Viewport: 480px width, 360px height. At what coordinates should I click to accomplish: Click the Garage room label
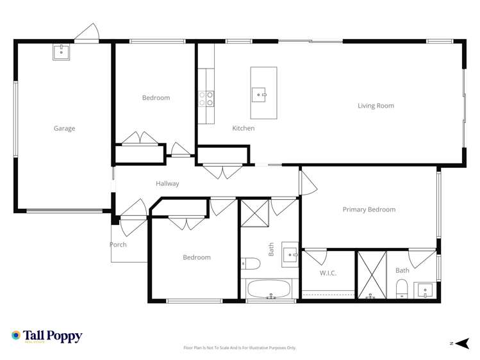(x=64, y=128)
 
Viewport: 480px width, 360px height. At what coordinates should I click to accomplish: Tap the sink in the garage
(x=62, y=51)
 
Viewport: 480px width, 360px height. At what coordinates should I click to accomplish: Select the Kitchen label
(x=244, y=128)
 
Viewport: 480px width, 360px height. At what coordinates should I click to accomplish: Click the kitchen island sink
(x=262, y=94)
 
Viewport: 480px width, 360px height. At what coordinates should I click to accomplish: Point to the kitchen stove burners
(x=206, y=99)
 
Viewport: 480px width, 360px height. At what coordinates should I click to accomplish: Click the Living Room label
(x=376, y=106)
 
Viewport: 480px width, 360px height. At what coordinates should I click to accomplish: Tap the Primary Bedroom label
(x=368, y=209)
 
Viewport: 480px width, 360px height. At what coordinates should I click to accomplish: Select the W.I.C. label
(x=328, y=273)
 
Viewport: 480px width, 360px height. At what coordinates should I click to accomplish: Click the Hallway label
(x=167, y=184)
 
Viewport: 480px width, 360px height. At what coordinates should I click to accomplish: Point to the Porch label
(x=118, y=245)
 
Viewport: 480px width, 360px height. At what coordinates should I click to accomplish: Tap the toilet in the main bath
(x=249, y=263)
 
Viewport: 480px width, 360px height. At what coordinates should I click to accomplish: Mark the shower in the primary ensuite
(x=372, y=275)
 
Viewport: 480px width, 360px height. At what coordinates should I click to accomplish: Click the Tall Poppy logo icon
(x=16, y=335)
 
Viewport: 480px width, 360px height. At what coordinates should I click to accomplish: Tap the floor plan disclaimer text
(x=240, y=348)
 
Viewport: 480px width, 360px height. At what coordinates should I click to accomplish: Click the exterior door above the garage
(x=86, y=33)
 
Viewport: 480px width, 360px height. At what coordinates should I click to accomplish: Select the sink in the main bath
(x=291, y=255)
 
